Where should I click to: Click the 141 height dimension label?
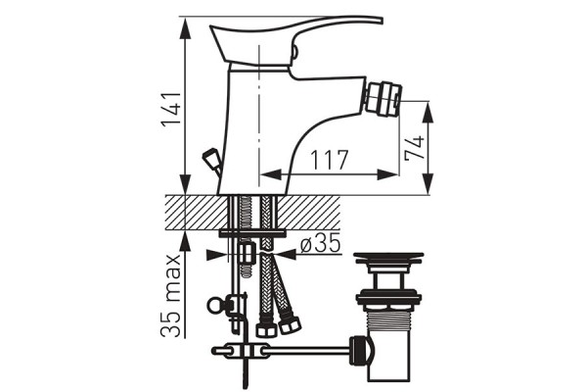[171, 109]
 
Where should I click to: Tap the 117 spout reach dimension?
[330, 160]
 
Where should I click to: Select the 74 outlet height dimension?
[415, 148]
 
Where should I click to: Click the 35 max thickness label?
[171, 296]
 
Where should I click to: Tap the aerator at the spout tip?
[383, 99]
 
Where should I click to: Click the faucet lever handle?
[295, 40]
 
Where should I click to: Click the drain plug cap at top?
[388, 258]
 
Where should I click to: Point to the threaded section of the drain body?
[388, 318]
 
